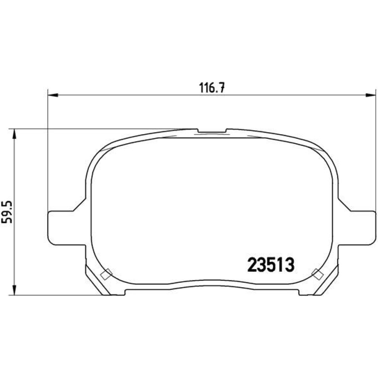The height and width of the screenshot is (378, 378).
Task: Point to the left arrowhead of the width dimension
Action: pyautogui.click(x=53, y=95)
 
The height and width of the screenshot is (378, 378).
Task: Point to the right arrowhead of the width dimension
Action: pyautogui.click(x=371, y=95)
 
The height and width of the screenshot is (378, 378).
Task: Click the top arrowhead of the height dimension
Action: pyautogui.click(x=15, y=134)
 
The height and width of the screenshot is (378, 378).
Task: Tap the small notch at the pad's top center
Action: pyautogui.click(x=212, y=131)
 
